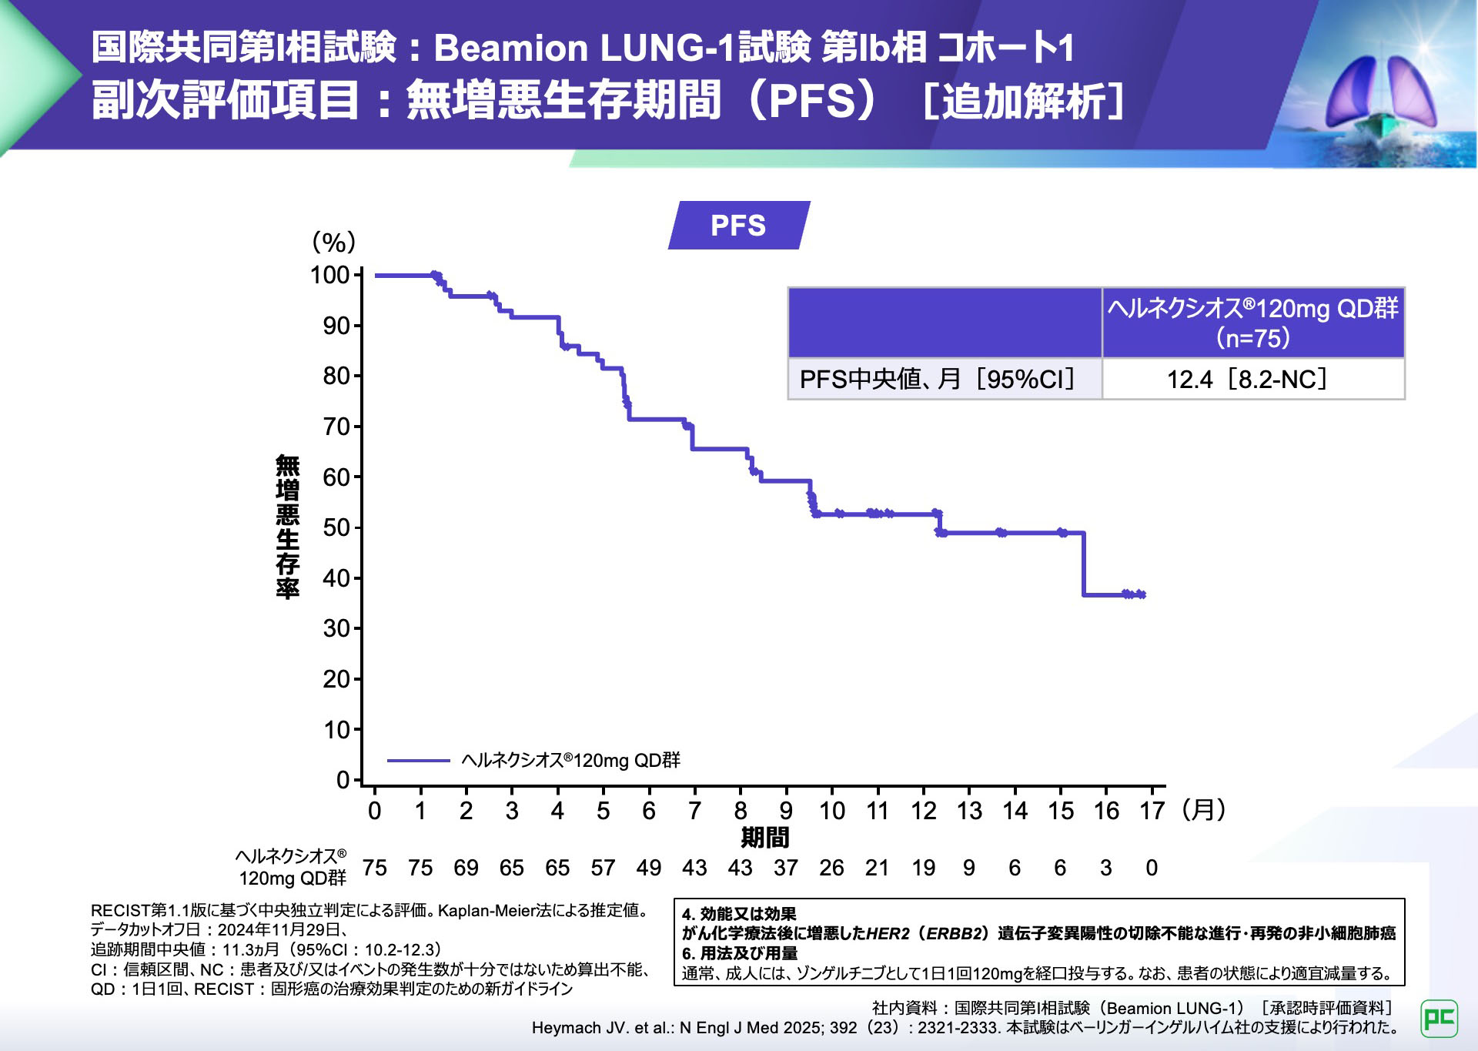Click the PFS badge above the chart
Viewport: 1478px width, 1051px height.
pos(738,226)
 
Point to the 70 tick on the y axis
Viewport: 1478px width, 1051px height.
pos(336,427)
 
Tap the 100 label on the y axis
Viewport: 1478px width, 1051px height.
pos(329,275)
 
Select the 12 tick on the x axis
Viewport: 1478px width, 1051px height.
pos(923,811)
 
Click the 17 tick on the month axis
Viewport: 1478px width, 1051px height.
pos(1152,811)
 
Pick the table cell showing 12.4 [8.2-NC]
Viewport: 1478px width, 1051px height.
pos(1252,380)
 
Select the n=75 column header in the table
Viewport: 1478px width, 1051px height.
pos(1252,323)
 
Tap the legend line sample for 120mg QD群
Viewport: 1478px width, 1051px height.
pos(418,761)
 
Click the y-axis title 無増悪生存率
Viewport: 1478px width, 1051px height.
pos(288,527)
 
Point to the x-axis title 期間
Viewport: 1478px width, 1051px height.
pos(764,838)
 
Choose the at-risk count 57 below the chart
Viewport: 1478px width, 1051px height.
pos(603,869)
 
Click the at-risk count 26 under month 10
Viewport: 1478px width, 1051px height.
pos(831,869)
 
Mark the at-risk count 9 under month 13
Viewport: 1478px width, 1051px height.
pos(969,869)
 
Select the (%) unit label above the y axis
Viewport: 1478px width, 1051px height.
pos(333,243)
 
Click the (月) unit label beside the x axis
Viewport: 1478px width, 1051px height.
pos(1203,810)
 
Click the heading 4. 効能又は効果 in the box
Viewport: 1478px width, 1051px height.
pos(739,914)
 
